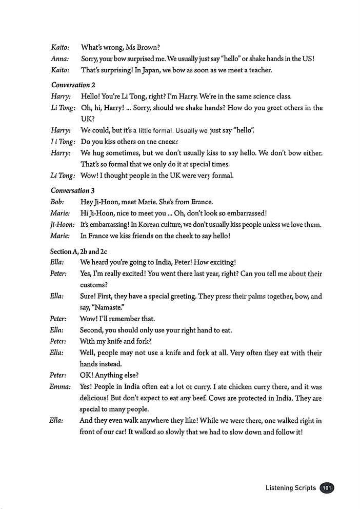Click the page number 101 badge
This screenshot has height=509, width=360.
(x=327, y=488)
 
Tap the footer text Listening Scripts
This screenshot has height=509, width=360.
(x=290, y=488)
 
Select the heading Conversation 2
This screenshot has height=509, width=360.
(x=73, y=85)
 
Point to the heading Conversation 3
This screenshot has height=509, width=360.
(x=73, y=190)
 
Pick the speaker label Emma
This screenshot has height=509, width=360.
(x=60, y=386)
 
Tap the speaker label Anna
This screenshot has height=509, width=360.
(x=60, y=58)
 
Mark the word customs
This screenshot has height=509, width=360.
(x=94, y=285)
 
